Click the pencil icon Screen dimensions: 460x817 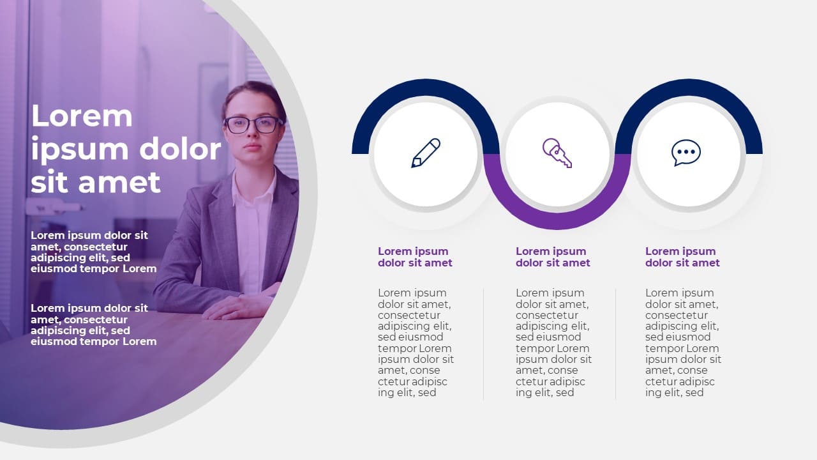tap(426, 153)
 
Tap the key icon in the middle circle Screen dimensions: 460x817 tap(557, 153)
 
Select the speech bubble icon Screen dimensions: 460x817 tap(686, 153)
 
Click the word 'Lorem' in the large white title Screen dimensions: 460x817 tap(82, 116)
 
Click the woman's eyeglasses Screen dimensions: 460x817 tap(253, 125)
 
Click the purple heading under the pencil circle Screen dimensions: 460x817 tap(415, 257)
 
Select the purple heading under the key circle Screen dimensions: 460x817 tap(553, 257)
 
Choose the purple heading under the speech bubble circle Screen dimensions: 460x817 tap(682, 257)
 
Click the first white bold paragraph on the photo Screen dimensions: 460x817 tap(93, 252)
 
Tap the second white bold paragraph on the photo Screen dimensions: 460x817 tap(93, 325)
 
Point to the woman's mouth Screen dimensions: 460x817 tap(251, 148)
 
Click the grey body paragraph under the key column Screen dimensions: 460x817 tap(553, 342)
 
